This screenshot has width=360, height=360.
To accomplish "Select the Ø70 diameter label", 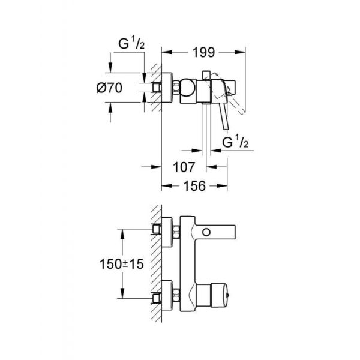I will pyautogui.click(x=125, y=88).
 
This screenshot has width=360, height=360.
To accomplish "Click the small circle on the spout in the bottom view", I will pyautogui.click(x=208, y=232).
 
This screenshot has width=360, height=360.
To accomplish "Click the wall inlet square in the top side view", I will pyautogui.click(x=158, y=88).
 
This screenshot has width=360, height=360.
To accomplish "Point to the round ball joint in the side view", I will pyautogui.click(x=191, y=88).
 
